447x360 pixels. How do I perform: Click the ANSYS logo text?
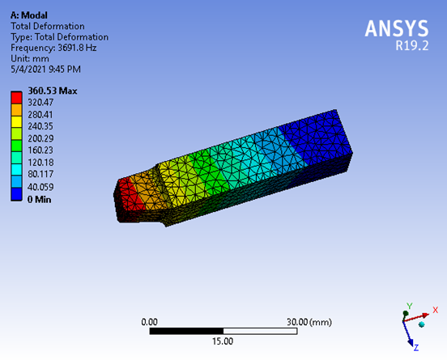pos(397,28)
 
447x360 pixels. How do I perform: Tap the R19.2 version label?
pos(411,45)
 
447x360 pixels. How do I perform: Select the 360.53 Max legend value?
pos(53,91)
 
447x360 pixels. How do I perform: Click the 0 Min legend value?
pos(40,199)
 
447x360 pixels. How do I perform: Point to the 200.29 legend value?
pos(40,138)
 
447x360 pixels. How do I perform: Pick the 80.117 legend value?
pos(40,174)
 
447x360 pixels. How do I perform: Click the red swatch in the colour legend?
pos(16,98)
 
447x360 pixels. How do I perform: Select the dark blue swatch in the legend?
pos(16,194)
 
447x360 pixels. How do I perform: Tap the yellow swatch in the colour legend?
pos(16,122)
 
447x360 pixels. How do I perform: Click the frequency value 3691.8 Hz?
pos(77,48)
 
